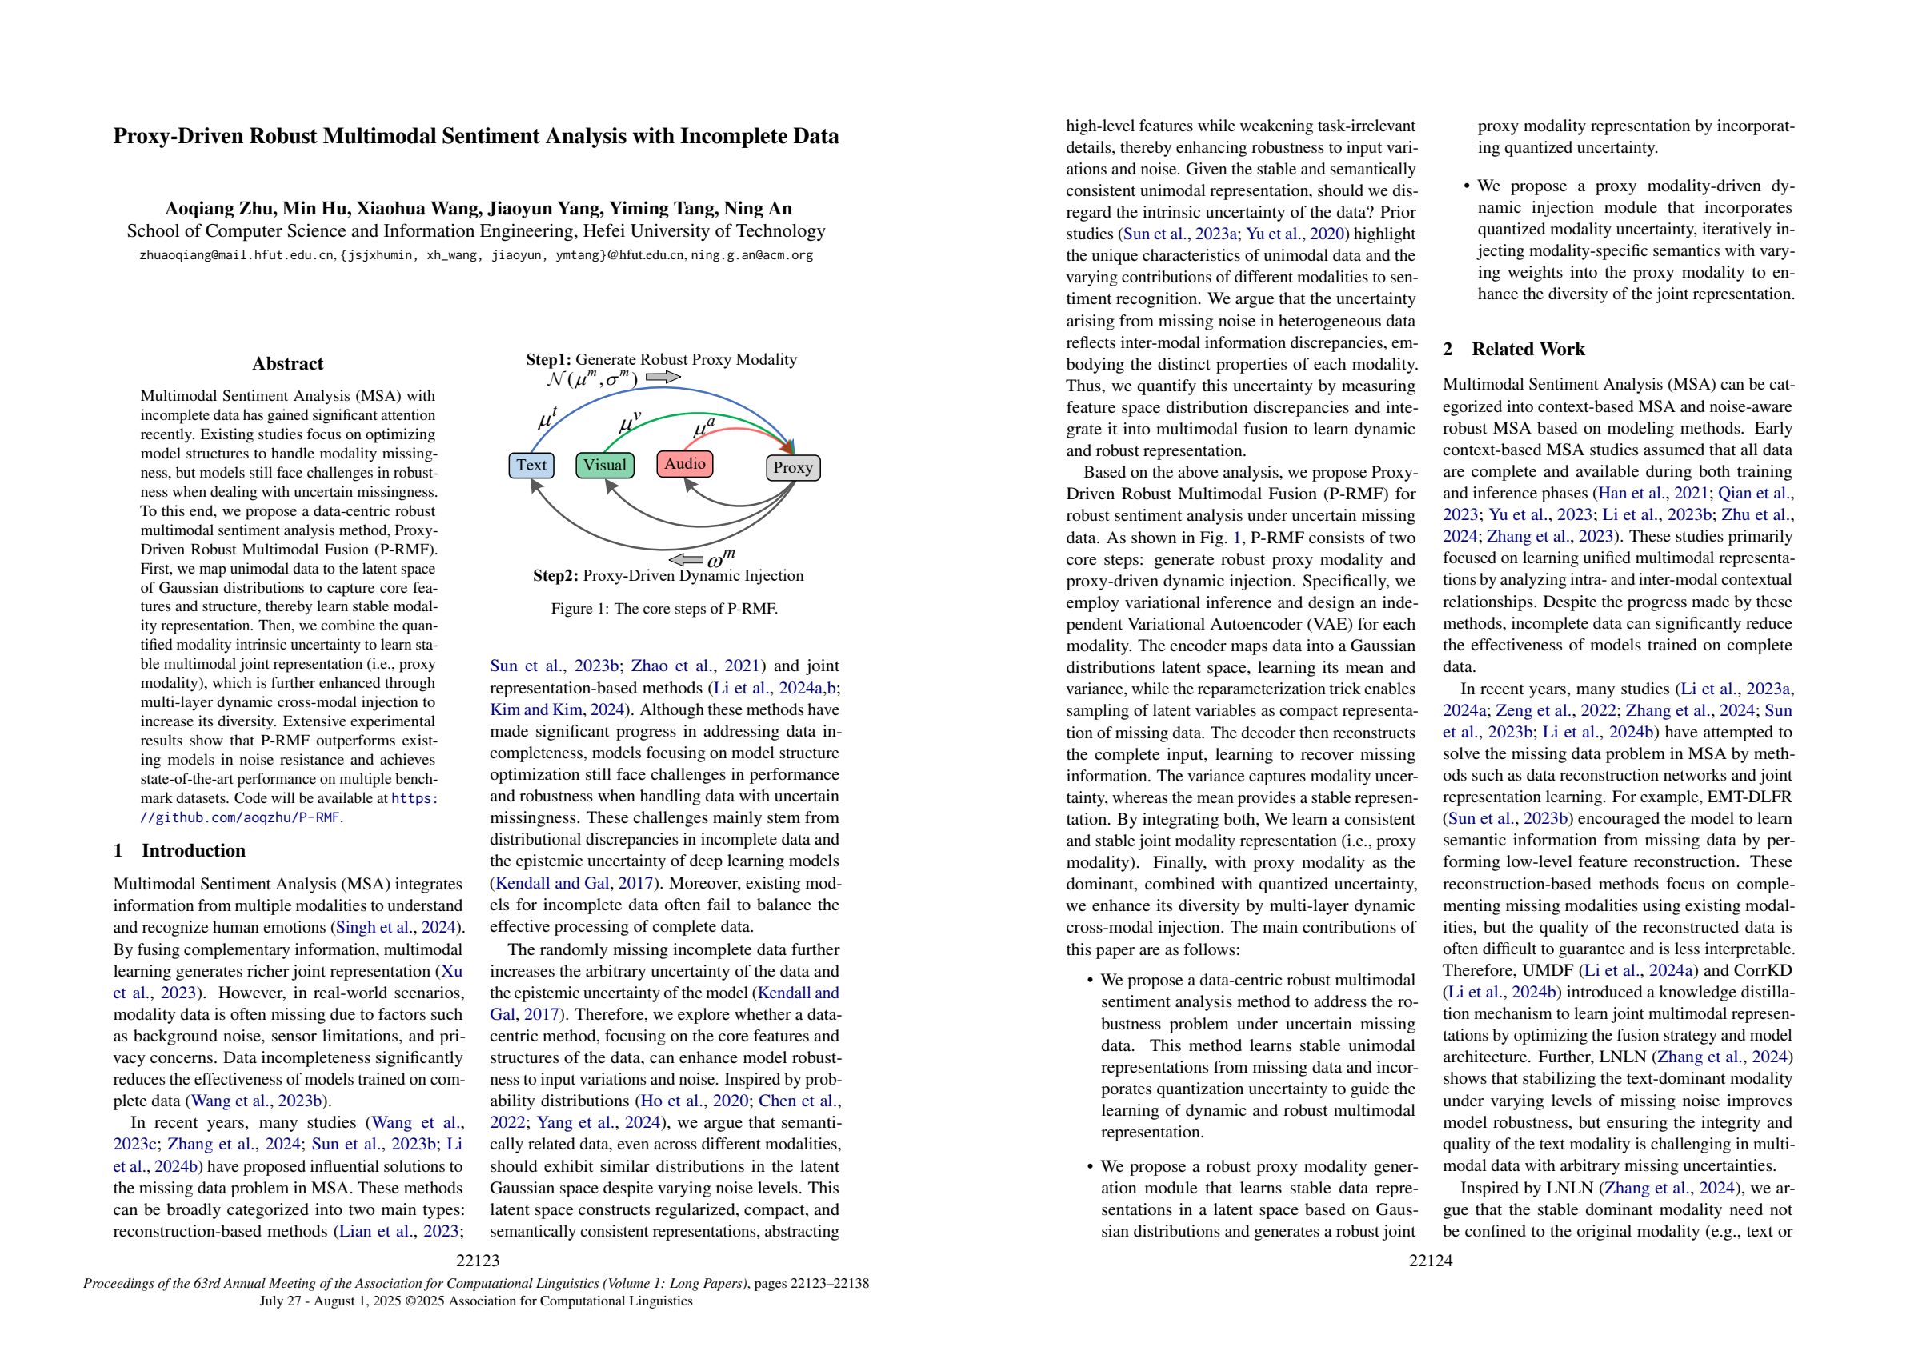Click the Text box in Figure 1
[531, 465]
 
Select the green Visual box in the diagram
[604, 465]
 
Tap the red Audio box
[684, 463]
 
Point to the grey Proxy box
[792, 467]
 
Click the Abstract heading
[287, 363]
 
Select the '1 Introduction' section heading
[179, 851]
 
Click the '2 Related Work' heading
[1513, 350]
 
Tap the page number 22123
[479, 1261]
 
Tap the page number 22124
[1431, 1261]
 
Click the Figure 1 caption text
[664, 609]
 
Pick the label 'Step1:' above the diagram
[549, 359]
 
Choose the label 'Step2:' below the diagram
[555, 575]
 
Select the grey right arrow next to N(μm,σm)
[663, 378]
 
